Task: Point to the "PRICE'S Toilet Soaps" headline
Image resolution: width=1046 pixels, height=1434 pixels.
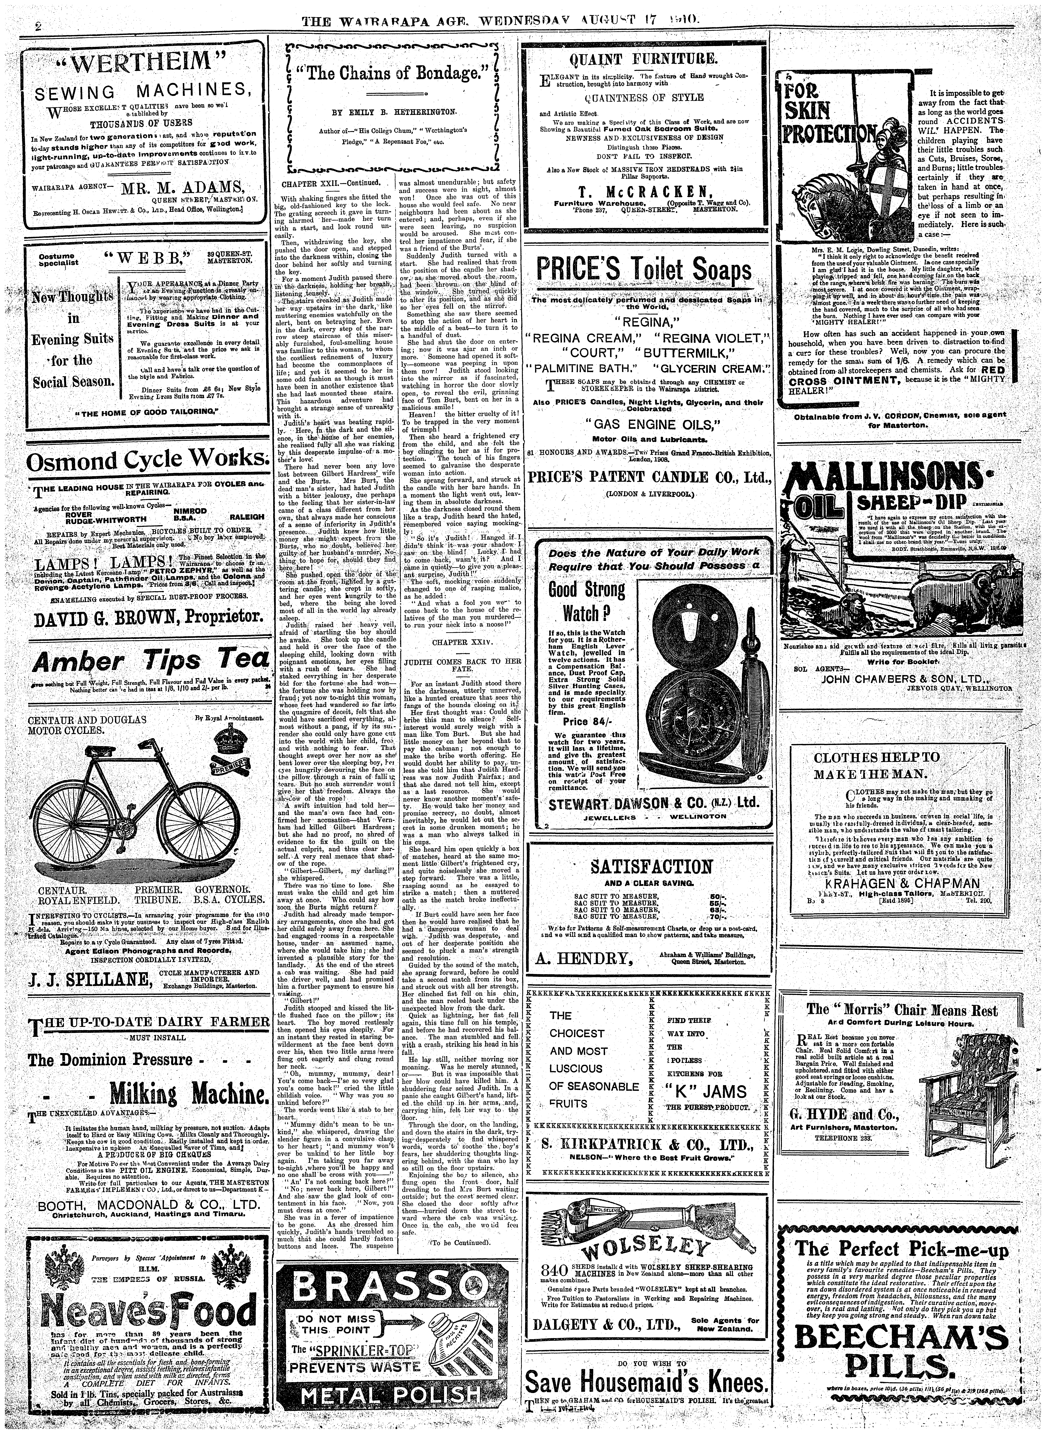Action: (645, 271)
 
